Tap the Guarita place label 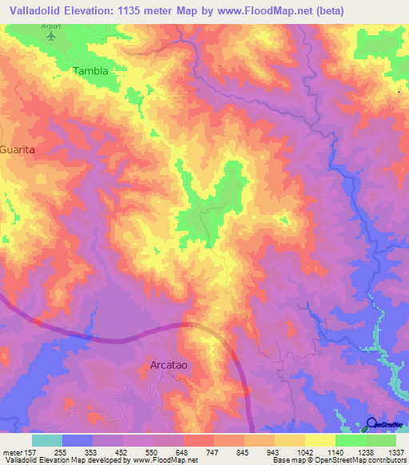click(18, 149)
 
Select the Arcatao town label click(170, 364)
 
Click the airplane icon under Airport click(53, 36)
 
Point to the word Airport click(50, 26)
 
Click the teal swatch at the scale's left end click(47, 439)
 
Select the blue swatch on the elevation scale click(77, 439)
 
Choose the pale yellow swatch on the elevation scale click(320, 439)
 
